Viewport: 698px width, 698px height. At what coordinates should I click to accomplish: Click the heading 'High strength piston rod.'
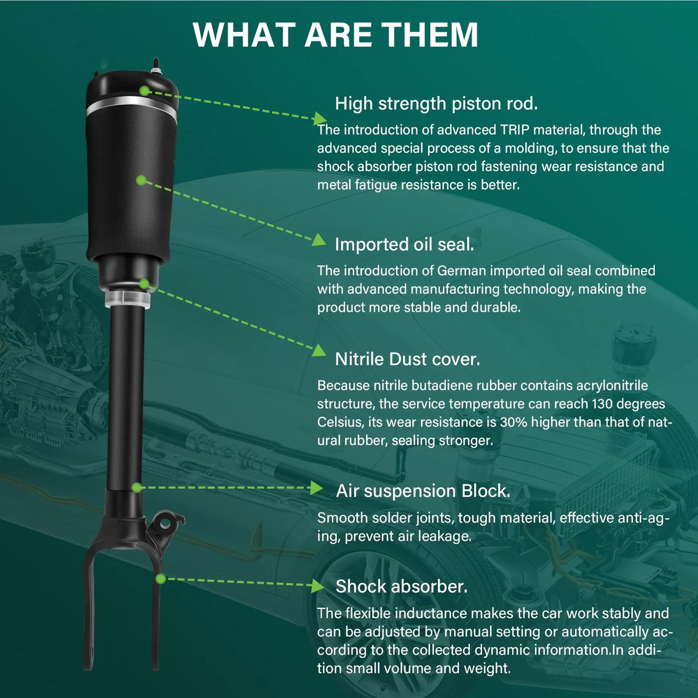coord(436,104)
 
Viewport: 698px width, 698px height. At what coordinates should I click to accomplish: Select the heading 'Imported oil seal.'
coord(404,244)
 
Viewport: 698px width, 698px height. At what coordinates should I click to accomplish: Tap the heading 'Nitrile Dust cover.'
coord(408,359)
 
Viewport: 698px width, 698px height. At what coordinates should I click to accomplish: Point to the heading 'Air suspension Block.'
coord(423,491)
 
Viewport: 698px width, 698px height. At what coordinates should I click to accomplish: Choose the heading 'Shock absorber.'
coord(401,586)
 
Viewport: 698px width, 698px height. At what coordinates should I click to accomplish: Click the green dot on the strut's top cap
coord(144,91)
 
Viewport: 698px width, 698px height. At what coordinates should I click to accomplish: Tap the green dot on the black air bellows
coord(141,180)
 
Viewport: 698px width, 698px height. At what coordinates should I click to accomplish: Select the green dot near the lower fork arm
coord(161,579)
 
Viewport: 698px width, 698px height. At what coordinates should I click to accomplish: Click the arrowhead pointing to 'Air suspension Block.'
coord(317,488)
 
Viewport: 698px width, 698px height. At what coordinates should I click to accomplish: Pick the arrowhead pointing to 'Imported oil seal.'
coord(319,240)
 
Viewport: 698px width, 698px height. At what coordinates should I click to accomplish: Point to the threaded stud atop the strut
coord(156,66)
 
